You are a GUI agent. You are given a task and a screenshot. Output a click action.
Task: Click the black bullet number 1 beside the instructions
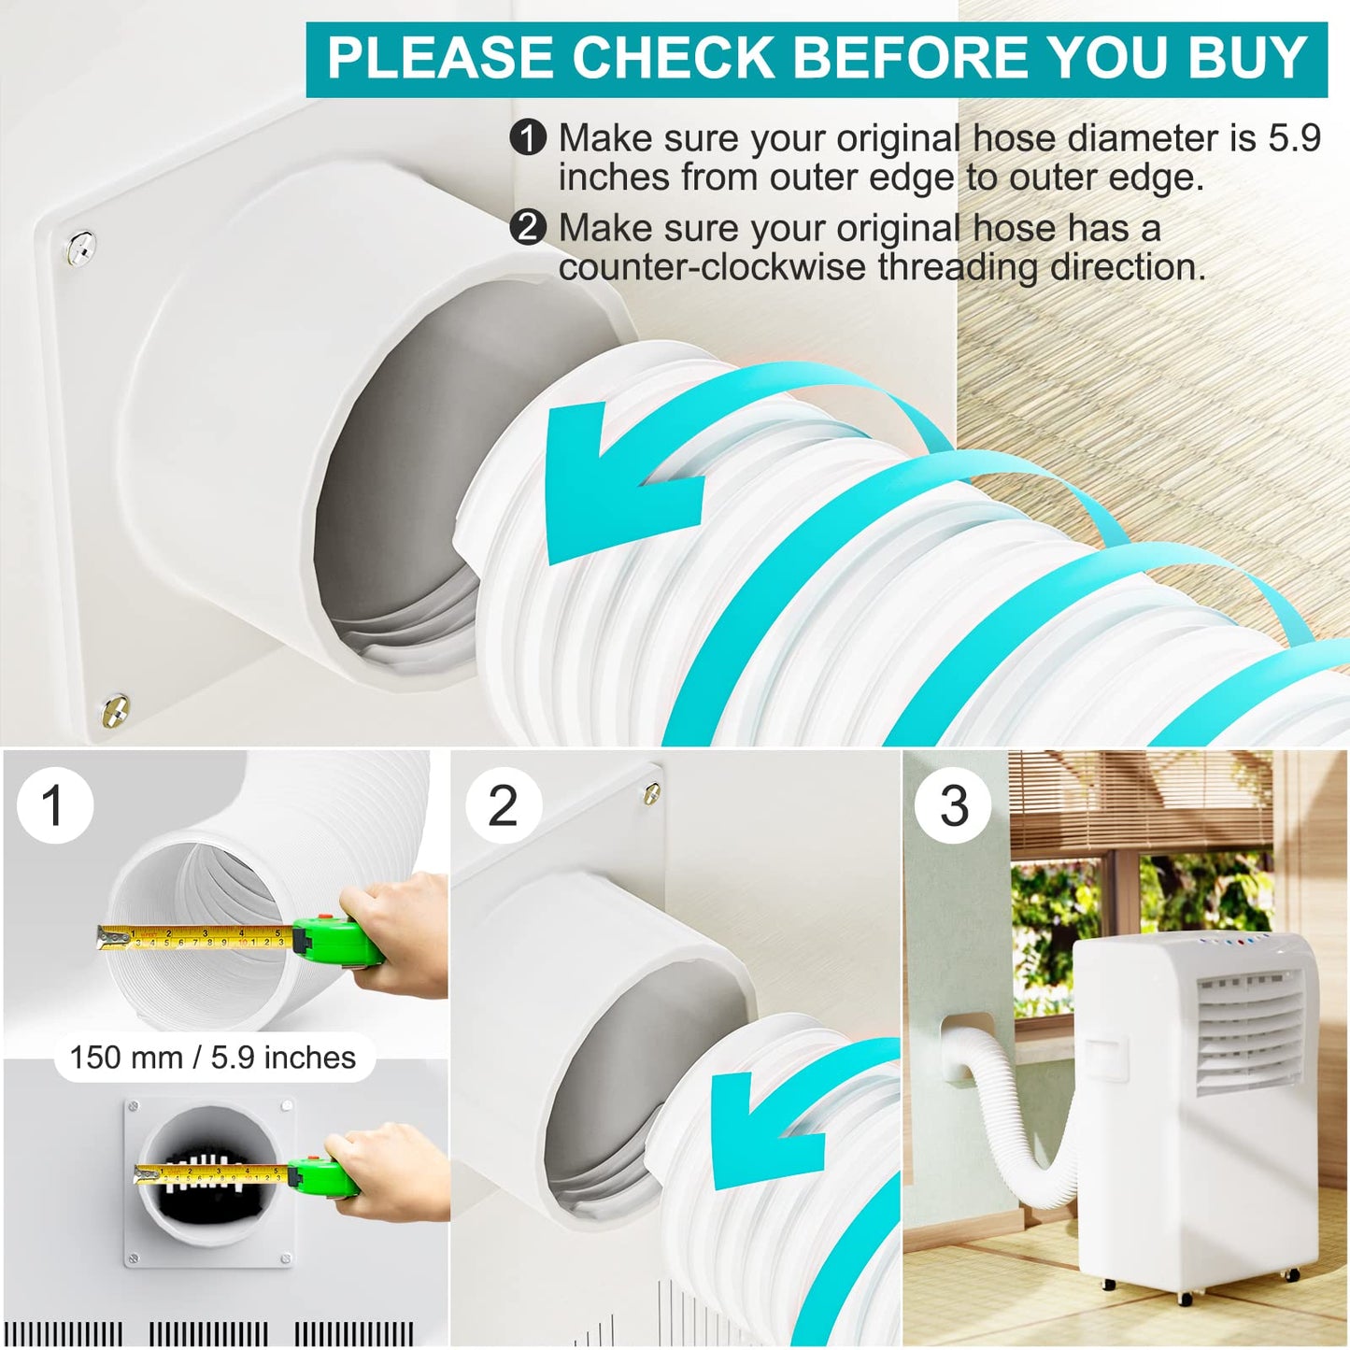[x=528, y=138]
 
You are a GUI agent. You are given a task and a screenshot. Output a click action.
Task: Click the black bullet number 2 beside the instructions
[x=528, y=228]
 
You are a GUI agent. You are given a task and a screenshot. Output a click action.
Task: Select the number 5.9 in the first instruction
[x=1294, y=138]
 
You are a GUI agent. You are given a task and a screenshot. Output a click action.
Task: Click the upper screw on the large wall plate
[x=81, y=247]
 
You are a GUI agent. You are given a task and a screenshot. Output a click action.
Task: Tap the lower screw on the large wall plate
[x=115, y=709]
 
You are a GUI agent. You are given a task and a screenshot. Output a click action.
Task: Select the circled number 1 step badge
[x=54, y=805]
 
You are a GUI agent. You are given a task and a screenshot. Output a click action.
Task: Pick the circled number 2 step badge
[x=503, y=805]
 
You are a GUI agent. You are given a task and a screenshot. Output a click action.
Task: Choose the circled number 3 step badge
[x=953, y=805]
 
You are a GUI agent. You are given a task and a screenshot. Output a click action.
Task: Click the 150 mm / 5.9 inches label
[x=213, y=1058]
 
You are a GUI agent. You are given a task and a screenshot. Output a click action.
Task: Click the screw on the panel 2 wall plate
[x=652, y=794]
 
